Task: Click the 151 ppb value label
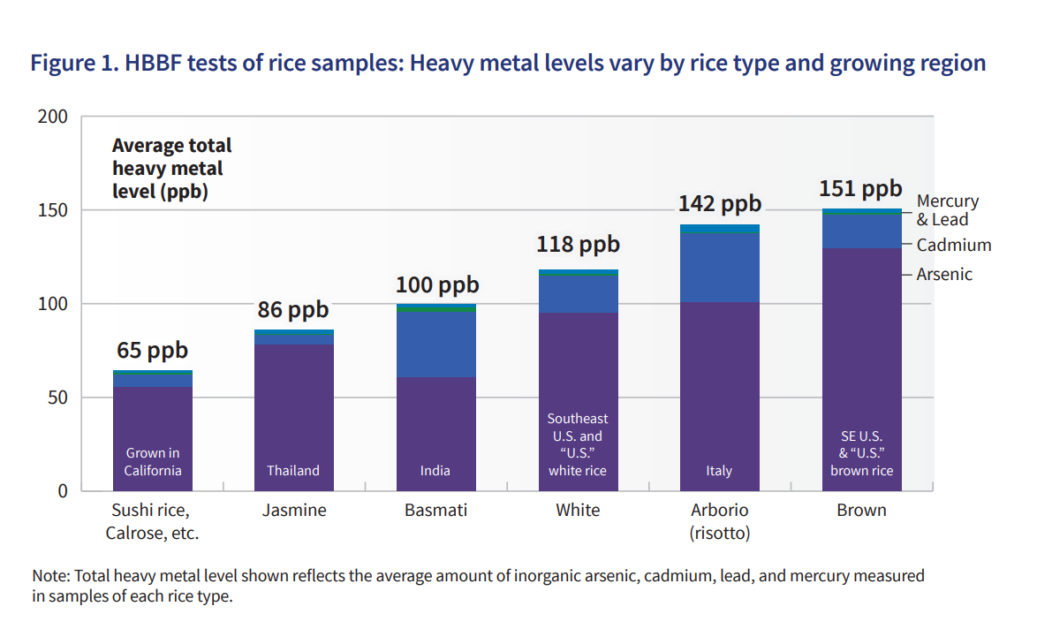point(860,189)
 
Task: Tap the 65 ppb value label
point(152,351)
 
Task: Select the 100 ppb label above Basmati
point(436,285)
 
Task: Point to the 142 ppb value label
point(719,204)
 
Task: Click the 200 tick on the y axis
point(53,117)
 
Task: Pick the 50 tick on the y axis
point(58,398)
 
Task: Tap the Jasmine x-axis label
point(294,511)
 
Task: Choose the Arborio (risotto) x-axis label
point(719,521)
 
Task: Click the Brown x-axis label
point(861,511)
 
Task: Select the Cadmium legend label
point(953,246)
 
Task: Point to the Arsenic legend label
point(943,275)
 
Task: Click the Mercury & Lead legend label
point(947,210)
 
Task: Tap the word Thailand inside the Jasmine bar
point(293,471)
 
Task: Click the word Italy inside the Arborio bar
point(719,471)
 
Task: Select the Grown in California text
point(152,462)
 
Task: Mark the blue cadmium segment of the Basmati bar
point(436,345)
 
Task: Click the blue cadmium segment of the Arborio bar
point(719,267)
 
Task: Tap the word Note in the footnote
point(50,576)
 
